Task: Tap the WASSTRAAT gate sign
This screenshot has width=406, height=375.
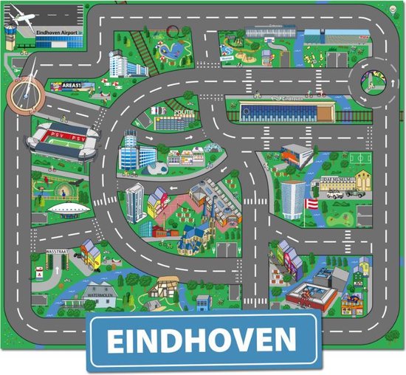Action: (x=59, y=252)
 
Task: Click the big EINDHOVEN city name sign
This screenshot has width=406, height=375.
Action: (x=203, y=340)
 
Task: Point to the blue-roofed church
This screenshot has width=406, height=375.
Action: (x=194, y=237)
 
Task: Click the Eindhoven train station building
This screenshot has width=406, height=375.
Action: (x=288, y=111)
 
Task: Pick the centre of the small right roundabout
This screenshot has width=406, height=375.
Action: (x=372, y=81)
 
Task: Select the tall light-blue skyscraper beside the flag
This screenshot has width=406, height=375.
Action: (x=292, y=198)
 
